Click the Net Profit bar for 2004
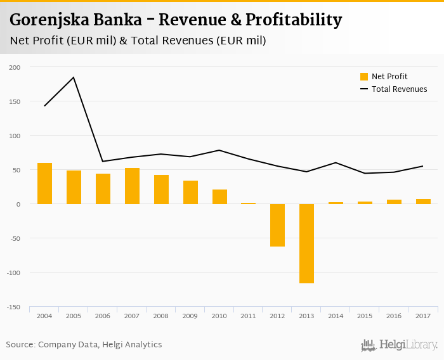click(44, 183)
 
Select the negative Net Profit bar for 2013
click(307, 243)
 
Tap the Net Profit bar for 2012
click(278, 225)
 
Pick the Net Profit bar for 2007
click(132, 186)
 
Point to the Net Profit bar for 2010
click(219, 196)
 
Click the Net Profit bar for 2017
click(424, 202)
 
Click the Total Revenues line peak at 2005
click(74, 77)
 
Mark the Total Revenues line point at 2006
click(103, 161)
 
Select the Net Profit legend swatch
click(364, 77)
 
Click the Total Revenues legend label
click(399, 89)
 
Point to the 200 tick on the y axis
click(15, 67)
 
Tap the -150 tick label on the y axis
click(14, 307)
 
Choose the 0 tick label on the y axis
click(18, 204)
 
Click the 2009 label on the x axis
click(190, 315)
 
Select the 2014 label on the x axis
click(336, 315)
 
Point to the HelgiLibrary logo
click(400, 345)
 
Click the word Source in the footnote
click(20, 345)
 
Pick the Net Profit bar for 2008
click(161, 190)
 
